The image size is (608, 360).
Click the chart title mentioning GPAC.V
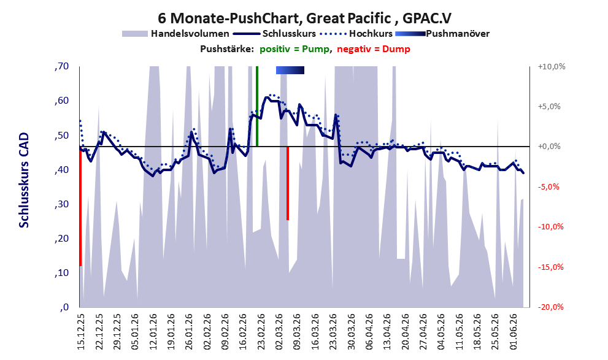pos(304,18)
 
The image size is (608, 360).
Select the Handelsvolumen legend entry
pos(175,34)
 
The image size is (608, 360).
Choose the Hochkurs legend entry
pos(356,34)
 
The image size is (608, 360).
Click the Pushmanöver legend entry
pos(442,34)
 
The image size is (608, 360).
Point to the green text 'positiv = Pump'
pos(294,49)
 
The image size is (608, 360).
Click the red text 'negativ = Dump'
pos(374,49)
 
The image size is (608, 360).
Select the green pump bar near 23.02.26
pos(257,106)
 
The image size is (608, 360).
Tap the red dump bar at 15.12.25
pos(80,206)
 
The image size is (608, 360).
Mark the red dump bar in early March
pos(288,183)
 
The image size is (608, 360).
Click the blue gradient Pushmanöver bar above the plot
pos(290,70)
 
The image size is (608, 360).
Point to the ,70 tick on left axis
pos(62,66)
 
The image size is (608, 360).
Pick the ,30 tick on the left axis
pos(62,204)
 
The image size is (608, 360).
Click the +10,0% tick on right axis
pos(552,67)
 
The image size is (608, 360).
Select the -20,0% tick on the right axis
pos(551,307)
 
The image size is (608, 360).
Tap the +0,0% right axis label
pos(550,147)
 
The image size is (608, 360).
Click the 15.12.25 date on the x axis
pos(82,331)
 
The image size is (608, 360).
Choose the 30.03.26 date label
pos(352,331)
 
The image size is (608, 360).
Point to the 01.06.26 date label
pos(514,331)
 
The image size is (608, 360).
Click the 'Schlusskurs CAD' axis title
pos(24,180)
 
